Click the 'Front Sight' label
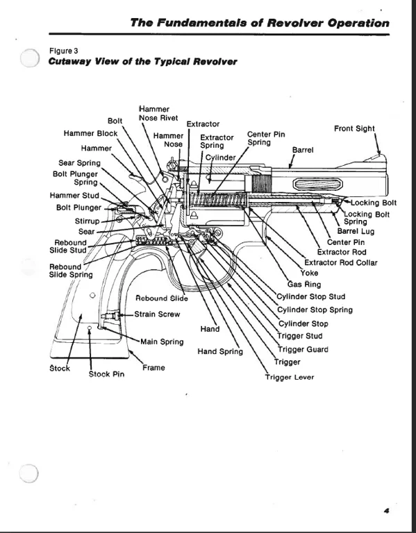[x=354, y=128]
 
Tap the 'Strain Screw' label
[x=157, y=314]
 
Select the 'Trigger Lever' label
[x=290, y=378]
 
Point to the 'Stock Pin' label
[x=106, y=374]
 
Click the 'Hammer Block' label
[x=90, y=133]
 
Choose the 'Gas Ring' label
[x=304, y=284]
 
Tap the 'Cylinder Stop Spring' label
[x=315, y=310]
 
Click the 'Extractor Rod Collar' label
[x=341, y=262]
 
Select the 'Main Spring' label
[x=163, y=341]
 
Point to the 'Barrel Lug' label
[x=356, y=231]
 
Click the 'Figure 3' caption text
[x=64, y=51]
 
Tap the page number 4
[x=386, y=511]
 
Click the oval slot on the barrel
[x=317, y=185]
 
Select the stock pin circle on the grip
[x=90, y=328]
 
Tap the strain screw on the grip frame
[x=113, y=316]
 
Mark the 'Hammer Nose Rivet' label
[x=158, y=114]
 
